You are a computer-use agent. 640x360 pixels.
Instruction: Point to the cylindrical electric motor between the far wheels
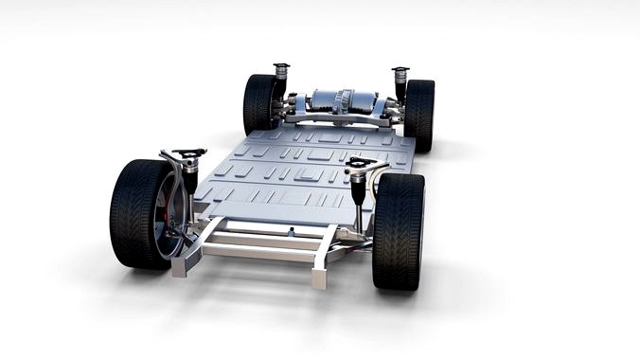point(339,102)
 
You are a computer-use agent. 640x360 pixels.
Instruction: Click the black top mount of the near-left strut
point(190,153)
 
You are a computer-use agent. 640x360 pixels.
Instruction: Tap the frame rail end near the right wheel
point(320,277)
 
